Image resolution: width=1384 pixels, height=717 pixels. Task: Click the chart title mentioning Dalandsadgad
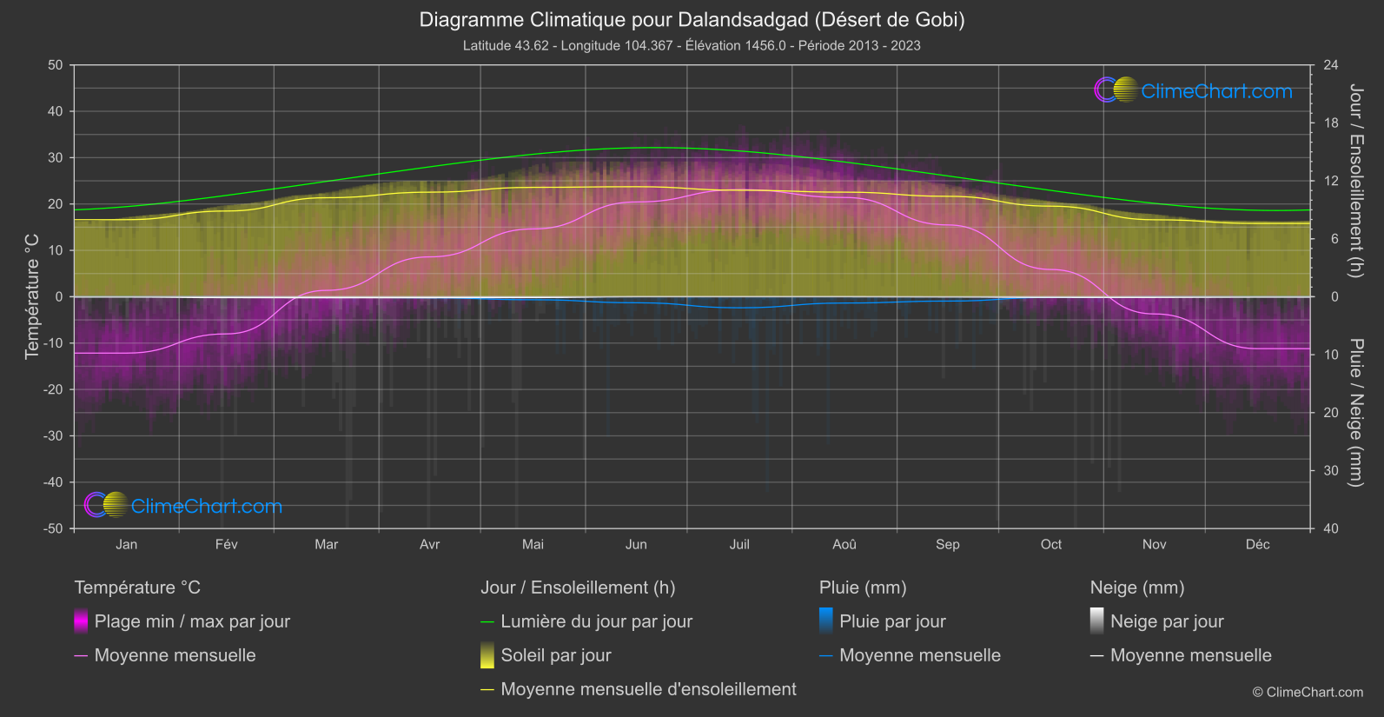692,19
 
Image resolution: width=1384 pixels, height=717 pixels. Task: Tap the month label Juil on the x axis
739,544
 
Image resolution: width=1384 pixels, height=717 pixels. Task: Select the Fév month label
226,544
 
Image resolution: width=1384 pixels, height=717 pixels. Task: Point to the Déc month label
1257,544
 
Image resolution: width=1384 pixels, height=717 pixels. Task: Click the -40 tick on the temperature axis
54,482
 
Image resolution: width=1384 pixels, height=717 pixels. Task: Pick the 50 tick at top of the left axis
56,65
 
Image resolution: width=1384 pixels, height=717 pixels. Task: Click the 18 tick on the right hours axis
1331,123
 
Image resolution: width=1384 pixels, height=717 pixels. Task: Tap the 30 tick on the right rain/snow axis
1331,471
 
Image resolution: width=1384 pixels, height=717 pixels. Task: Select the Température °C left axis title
32,296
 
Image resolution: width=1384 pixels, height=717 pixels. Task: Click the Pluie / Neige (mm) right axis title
1355,413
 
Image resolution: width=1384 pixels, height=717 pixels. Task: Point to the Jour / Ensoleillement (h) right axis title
1355,181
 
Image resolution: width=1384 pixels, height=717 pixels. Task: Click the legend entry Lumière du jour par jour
596,621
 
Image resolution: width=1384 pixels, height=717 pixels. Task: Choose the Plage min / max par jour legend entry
192,621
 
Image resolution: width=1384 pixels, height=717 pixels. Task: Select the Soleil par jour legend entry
556,655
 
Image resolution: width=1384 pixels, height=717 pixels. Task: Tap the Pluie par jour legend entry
892,621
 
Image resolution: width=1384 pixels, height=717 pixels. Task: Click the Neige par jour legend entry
1167,621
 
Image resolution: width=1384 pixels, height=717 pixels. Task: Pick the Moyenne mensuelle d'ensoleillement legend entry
648,689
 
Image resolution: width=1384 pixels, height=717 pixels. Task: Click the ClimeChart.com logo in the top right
1194,90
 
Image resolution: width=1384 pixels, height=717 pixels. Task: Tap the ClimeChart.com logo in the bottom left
184,506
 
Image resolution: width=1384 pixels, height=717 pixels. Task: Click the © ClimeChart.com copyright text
1308,693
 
